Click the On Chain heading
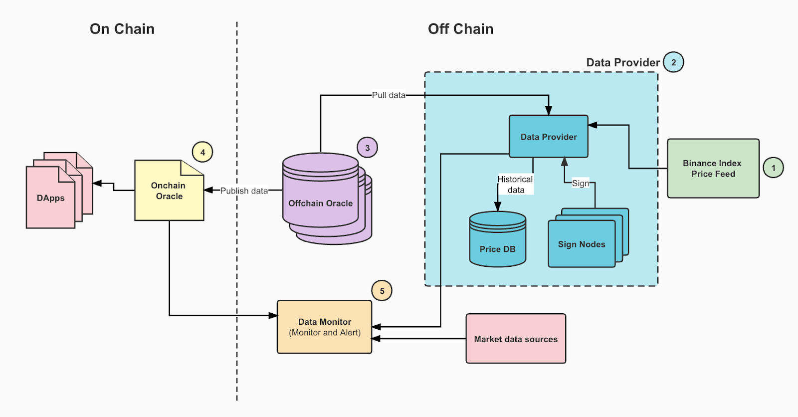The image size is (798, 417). pos(122,29)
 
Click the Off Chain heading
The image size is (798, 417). pos(460,29)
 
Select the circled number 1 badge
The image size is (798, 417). pos(773,168)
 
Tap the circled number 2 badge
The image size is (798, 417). pos(673,62)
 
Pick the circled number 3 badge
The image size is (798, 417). pos(367,148)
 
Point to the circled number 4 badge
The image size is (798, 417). pos(202,152)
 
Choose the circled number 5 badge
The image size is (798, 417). pos(382,291)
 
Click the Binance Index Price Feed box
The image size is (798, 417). pos(713,169)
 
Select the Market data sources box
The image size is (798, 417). pos(516,339)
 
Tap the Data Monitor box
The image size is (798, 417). pos(324,327)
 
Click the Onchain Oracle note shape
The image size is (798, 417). pos(169,191)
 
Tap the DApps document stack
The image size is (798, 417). pos(51,198)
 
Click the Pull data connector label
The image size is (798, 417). pos(389,95)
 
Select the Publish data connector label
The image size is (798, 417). pos(244,191)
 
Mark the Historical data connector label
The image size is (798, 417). pos(515,185)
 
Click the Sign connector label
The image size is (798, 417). pos(580,183)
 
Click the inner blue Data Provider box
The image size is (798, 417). pos(548,137)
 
